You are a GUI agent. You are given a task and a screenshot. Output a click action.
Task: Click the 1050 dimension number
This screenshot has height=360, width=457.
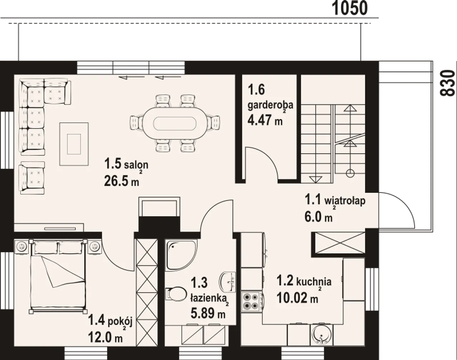click(350, 8)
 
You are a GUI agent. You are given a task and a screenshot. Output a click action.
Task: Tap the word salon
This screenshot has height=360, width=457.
click(136, 165)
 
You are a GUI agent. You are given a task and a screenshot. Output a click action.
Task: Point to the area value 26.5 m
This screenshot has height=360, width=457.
click(121, 182)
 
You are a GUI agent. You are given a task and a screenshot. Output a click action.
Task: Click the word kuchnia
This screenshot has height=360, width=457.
click(314, 282)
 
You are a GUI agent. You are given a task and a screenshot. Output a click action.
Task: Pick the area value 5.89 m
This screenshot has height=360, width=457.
click(208, 313)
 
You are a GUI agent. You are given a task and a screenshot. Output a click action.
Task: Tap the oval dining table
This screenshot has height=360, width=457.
click(175, 123)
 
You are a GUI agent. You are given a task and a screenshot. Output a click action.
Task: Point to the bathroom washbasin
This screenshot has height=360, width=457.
click(227, 282)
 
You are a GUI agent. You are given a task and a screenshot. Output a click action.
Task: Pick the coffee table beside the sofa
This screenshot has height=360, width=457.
click(74, 144)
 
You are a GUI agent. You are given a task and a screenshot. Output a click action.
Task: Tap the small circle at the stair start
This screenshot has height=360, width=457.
click(350, 173)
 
